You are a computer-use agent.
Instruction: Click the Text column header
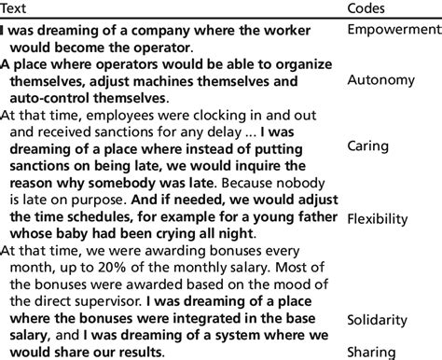tap(15, 8)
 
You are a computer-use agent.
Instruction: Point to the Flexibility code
tap(378, 219)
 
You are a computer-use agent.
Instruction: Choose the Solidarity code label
tap(378, 319)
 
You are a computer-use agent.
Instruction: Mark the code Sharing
tap(371, 352)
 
